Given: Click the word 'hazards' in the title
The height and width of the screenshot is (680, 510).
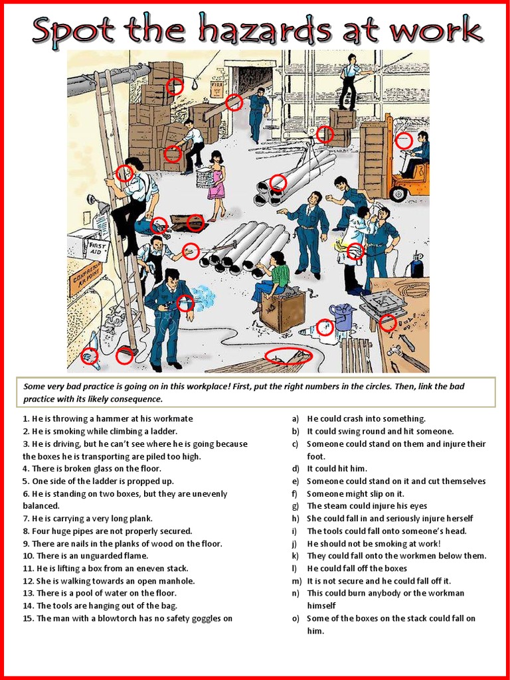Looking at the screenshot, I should (x=268, y=31).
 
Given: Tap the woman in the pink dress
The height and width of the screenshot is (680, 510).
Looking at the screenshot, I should (x=216, y=185).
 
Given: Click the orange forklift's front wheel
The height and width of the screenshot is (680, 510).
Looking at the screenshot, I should (x=398, y=194).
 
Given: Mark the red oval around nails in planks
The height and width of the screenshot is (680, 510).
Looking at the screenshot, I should (x=288, y=356).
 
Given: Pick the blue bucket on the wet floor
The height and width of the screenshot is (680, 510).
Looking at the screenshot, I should (x=343, y=317).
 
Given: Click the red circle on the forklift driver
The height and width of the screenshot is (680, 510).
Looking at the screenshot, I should (x=403, y=141).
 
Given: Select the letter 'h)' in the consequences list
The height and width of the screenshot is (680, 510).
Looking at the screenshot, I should (x=296, y=519).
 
